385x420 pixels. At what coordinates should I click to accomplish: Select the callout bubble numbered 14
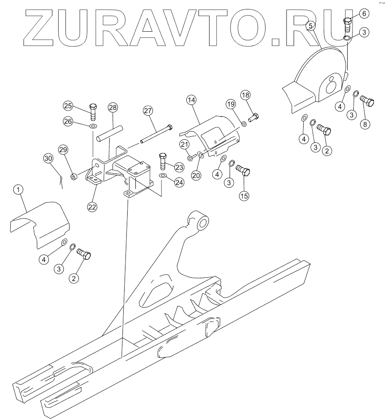191,100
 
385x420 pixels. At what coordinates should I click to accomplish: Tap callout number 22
92,206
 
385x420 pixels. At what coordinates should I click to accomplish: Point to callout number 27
148,111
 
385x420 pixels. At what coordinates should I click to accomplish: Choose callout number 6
364,14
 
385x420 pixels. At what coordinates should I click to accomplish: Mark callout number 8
365,124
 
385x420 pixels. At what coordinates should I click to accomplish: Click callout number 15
244,195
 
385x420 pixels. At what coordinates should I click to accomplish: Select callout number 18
245,95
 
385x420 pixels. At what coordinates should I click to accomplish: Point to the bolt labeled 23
162,160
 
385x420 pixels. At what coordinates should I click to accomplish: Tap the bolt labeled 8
367,101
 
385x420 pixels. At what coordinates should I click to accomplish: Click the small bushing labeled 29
74,176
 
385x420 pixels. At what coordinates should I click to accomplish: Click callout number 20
196,175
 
